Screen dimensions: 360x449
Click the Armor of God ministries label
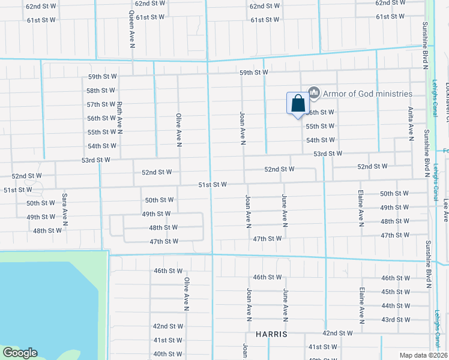[x=367, y=94]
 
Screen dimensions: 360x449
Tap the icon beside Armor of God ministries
[x=313, y=92]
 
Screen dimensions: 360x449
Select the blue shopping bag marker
[x=298, y=104]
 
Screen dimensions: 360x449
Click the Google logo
[x=20, y=353]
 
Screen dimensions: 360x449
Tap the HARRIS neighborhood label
[x=271, y=333]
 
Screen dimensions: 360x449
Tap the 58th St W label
[x=100, y=91]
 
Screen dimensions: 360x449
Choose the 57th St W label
[x=100, y=104]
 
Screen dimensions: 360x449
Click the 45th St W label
[x=396, y=292]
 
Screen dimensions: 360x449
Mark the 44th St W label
[x=396, y=305]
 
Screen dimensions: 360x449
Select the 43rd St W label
[x=396, y=319]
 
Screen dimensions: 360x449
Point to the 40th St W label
[x=167, y=354]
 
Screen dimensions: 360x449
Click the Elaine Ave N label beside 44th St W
[x=362, y=305]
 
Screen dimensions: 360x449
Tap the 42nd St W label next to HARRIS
[x=337, y=333]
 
